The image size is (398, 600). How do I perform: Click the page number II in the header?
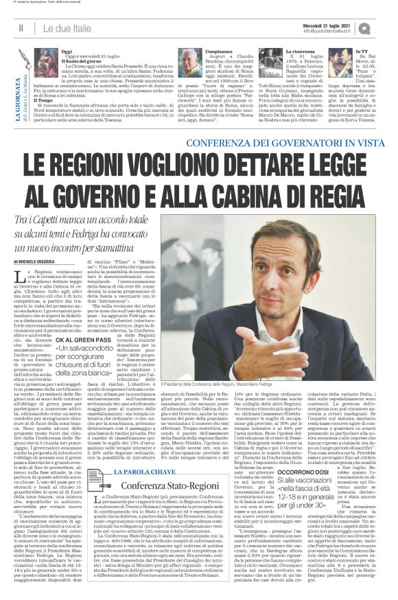point(21,28)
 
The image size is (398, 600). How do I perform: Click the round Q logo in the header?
point(384,28)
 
